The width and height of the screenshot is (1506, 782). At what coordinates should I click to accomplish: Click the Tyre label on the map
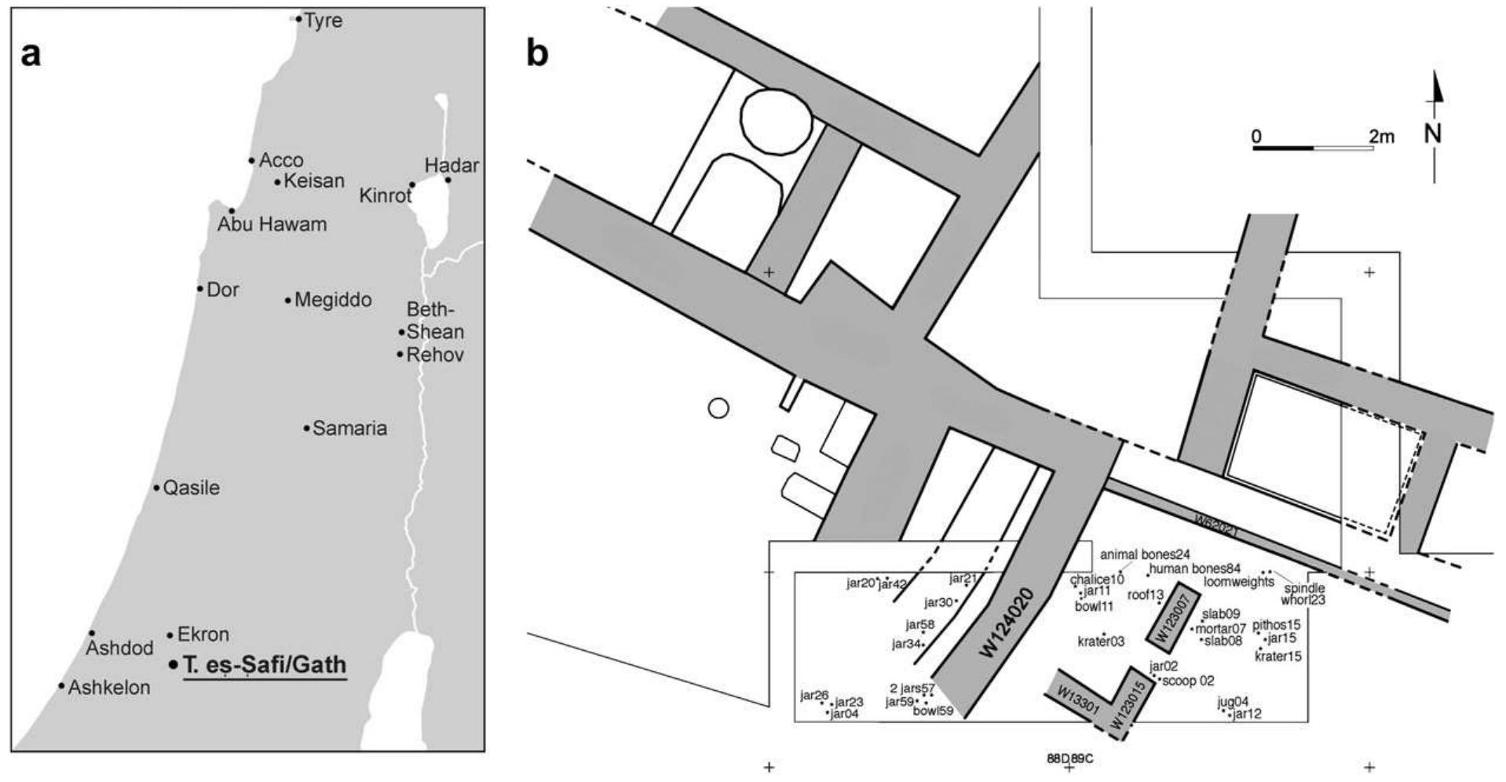click(x=323, y=20)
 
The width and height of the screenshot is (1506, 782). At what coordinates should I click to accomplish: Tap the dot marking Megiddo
click(x=288, y=300)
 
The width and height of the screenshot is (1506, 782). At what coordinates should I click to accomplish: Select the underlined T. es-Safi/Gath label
click(x=264, y=665)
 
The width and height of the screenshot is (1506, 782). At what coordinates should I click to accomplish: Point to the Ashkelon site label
click(x=108, y=688)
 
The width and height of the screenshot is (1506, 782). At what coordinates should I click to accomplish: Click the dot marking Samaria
click(x=306, y=428)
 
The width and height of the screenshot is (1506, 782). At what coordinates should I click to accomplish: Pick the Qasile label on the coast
click(x=191, y=488)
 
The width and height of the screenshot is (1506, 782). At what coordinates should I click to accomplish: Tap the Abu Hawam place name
click(x=272, y=225)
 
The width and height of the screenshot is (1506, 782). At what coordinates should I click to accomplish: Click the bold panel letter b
click(x=537, y=54)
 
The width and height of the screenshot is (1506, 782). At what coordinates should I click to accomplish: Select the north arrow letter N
click(x=1434, y=134)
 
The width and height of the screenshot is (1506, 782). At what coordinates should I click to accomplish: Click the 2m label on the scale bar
click(x=1381, y=137)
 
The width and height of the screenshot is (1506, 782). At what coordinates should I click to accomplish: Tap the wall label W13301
click(x=1077, y=698)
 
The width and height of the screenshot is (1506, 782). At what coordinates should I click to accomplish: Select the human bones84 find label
click(x=1194, y=568)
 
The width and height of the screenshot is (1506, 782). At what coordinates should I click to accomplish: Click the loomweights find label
click(x=1239, y=582)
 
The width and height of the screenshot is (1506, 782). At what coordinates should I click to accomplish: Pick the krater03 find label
click(x=1101, y=641)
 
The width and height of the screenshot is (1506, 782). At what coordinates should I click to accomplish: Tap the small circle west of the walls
click(x=718, y=408)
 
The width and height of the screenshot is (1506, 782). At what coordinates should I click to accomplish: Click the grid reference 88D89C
click(x=1069, y=758)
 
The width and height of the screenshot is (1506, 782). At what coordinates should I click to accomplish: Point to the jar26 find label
click(x=814, y=695)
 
